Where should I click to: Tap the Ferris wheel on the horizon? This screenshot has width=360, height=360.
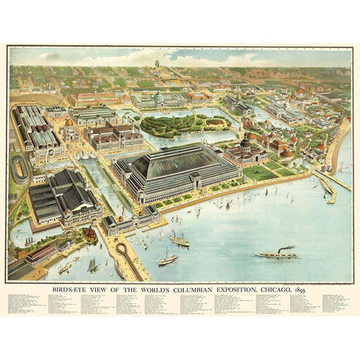point(157,64)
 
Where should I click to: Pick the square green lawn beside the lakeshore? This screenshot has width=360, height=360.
point(259,173)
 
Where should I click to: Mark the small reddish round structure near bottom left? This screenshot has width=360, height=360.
point(89,235)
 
